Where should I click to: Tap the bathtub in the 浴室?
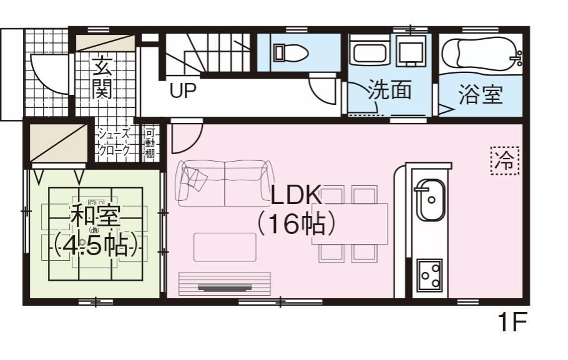(481, 53)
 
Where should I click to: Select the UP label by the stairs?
(183, 90)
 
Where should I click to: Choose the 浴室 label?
(481, 94)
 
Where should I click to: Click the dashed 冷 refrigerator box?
(505, 160)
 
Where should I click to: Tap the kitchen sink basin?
(430, 200)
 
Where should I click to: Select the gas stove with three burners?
(429, 275)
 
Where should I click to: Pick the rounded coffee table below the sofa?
(225, 247)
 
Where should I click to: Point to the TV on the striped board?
(225, 288)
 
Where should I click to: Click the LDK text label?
(296, 195)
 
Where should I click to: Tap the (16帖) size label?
(295, 224)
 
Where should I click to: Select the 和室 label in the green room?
(95, 215)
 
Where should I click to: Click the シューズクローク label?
(114, 142)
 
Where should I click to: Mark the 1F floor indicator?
(512, 322)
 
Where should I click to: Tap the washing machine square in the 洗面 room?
(411, 53)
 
